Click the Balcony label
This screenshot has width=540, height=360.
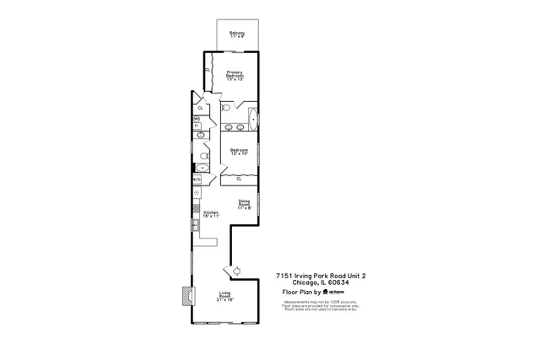[236, 35]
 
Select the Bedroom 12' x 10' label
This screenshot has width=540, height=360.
[239, 152]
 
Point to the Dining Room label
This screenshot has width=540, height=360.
[244, 204]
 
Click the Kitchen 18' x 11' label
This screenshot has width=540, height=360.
[211, 214]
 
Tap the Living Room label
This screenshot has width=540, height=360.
[225, 296]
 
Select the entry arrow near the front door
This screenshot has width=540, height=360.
[235, 269]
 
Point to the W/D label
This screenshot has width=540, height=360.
[197, 180]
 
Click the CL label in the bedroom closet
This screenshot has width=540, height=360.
[239, 179]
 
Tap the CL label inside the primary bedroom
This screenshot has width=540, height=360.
[208, 70]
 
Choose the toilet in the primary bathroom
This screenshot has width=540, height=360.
[225, 109]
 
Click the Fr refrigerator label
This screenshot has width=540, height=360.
[197, 125]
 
